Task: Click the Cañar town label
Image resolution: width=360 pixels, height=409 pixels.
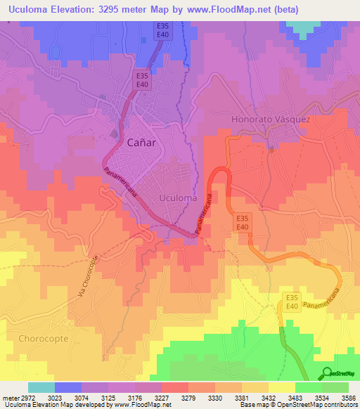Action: [x=141, y=142]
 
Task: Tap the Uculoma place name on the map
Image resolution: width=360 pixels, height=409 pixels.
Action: [x=178, y=198]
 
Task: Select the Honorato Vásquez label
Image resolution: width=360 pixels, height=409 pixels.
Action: [x=271, y=119]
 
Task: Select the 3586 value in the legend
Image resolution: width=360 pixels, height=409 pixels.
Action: [x=349, y=398]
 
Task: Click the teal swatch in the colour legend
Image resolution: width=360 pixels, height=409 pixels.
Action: [x=41, y=387]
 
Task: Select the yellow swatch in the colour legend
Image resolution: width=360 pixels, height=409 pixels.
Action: [x=281, y=387]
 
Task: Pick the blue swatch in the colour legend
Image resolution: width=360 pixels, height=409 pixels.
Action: [x=68, y=387]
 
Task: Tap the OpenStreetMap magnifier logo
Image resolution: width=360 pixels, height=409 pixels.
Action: [x=326, y=372]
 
